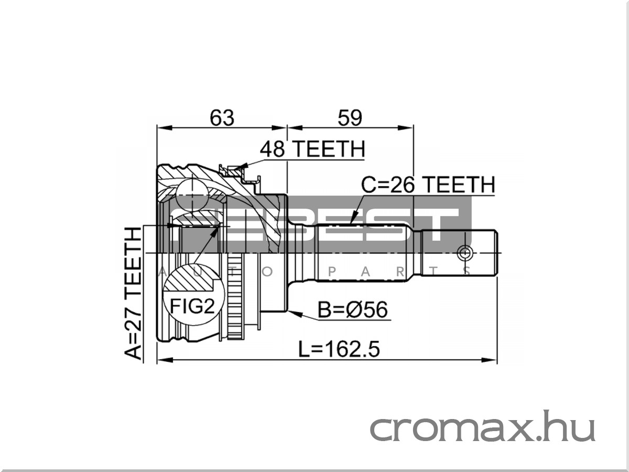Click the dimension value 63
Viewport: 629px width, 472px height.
[222, 117]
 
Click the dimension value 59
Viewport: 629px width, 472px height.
[350, 117]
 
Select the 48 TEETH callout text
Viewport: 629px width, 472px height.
[312, 149]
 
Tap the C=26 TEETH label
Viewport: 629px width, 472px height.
[428, 185]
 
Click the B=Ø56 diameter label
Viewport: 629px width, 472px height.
[353, 309]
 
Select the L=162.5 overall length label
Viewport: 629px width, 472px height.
[339, 349]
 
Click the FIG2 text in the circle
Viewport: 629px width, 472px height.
[192, 306]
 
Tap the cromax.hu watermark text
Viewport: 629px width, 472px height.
[483, 427]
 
